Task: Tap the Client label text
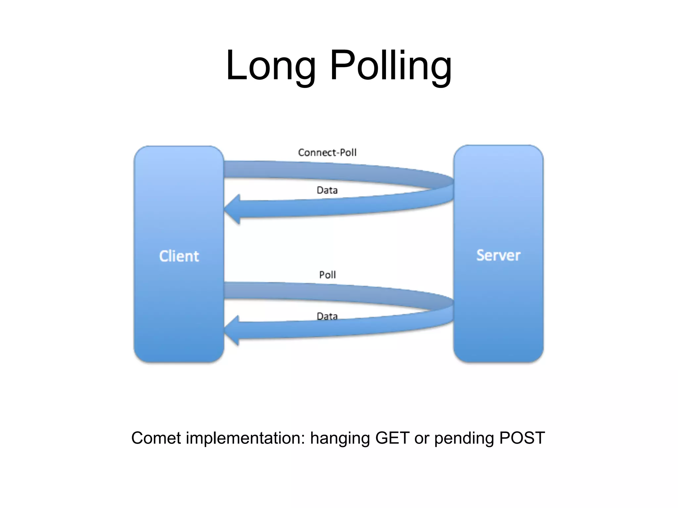[x=179, y=256]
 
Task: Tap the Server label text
[x=498, y=255]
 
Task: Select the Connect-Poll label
[x=327, y=152]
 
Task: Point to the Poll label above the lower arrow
[x=327, y=275]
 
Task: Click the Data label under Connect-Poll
[x=327, y=190]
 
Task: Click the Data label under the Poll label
[x=327, y=316]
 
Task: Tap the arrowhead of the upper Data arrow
[x=233, y=209]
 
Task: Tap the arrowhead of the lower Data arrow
[x=232, y=330]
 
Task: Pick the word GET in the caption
[x=392, y=438]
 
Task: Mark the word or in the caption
[x=421, y=439]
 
